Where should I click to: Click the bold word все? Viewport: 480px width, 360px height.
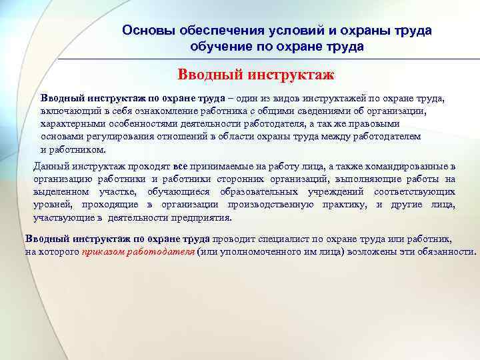click(180, 166)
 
